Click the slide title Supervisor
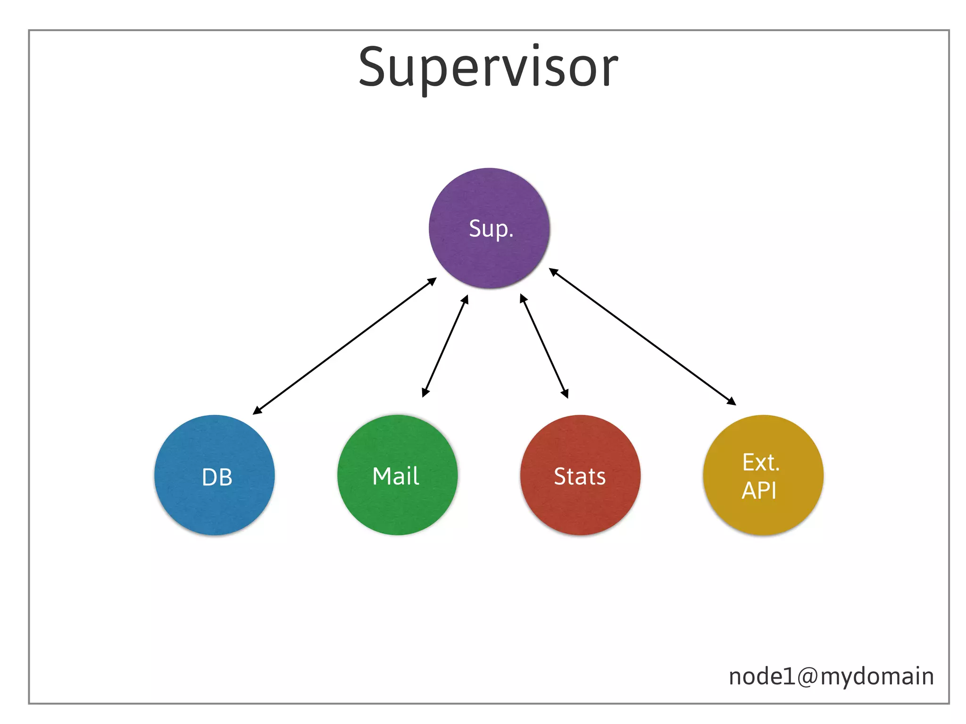coord(488,68)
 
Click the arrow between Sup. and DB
coord(344,346)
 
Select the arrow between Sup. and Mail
coord(445,346)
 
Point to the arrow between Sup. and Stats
coord(544,346)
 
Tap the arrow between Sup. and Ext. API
coord(642,337)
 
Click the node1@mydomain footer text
coord(831,676)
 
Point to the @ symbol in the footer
coord(808,677)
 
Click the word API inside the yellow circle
coord(758,491)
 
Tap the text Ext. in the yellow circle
coord(760,462)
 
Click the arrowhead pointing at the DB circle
coord(257,411)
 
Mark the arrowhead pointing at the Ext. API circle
coord(732,401)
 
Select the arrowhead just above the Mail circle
coord(425,393)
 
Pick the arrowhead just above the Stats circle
coord(565,394)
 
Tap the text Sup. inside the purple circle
coord(491,229)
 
